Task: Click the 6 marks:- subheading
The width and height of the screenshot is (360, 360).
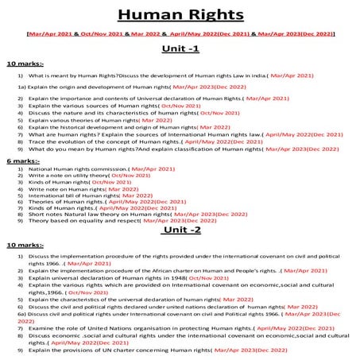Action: pos(22,161)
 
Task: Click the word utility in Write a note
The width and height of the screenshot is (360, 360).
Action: pos(76,175)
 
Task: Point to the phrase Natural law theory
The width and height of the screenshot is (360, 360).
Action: pos(95,214)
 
